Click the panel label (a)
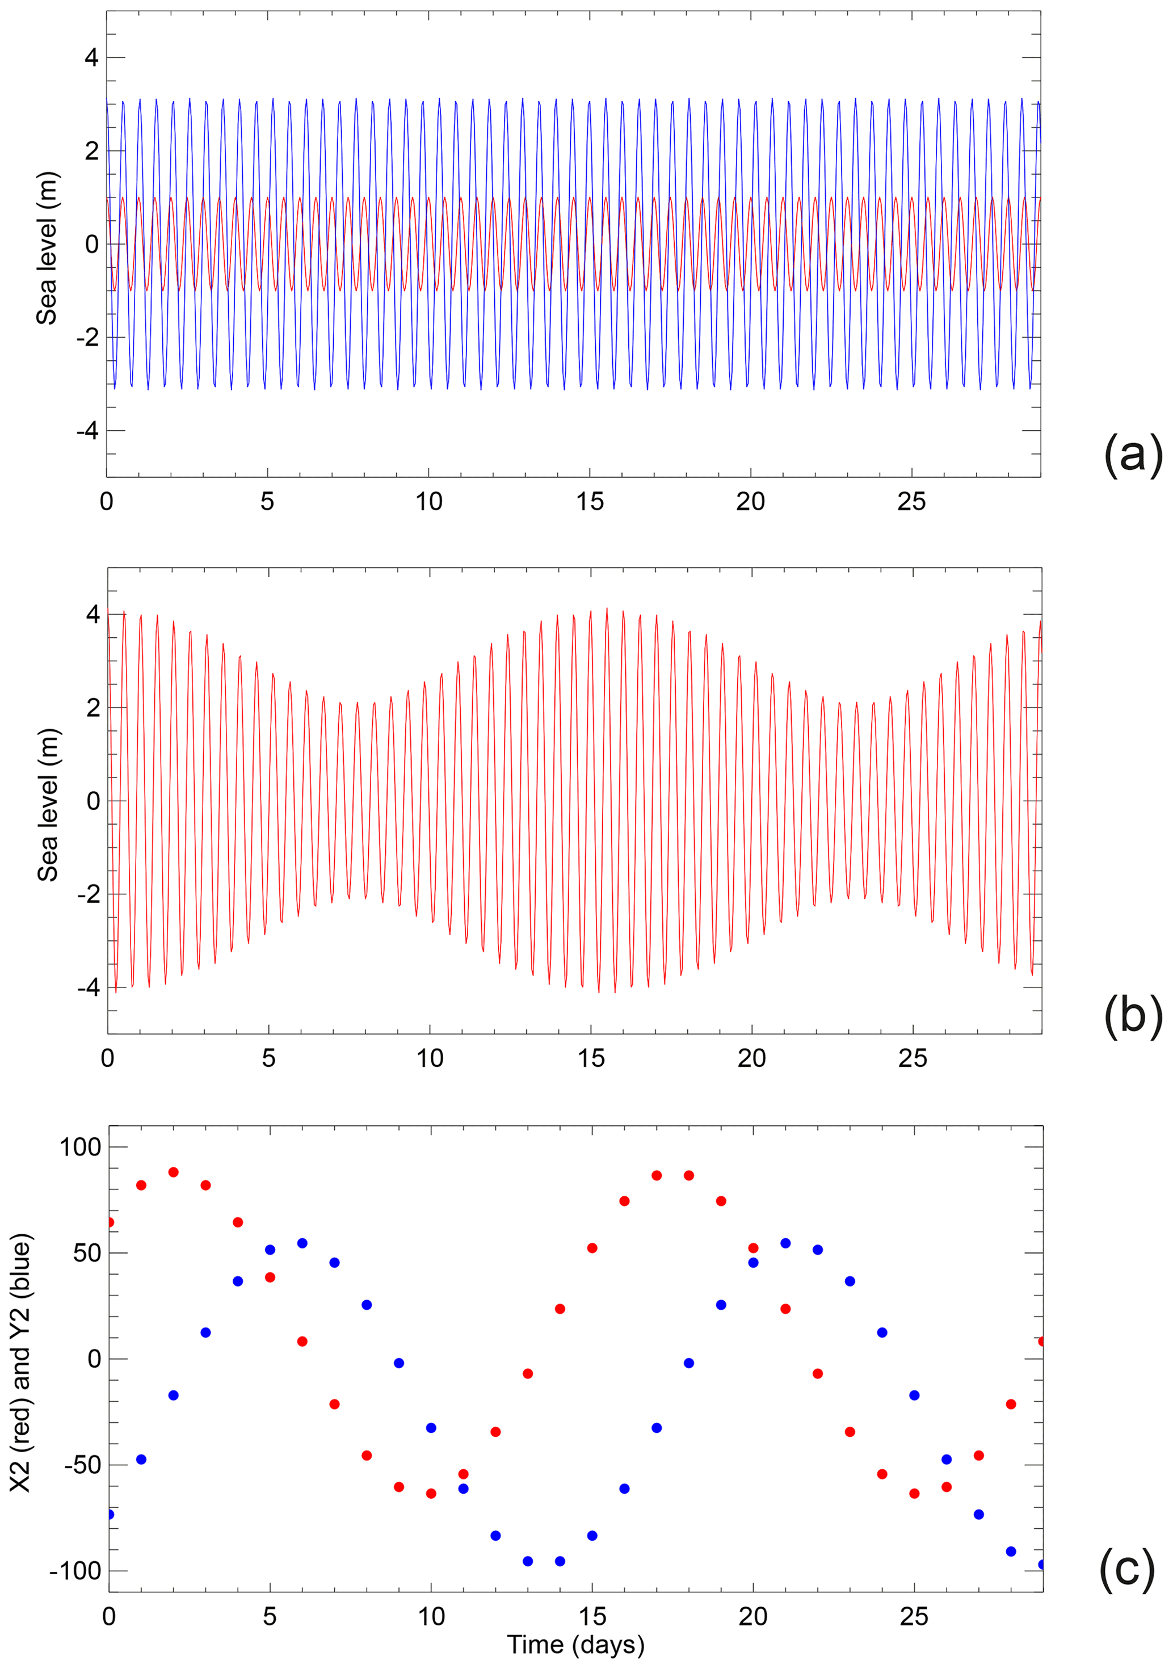tap(1132, 456)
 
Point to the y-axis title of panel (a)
tap(47, 248)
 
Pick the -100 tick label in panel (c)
tap(75, 1571)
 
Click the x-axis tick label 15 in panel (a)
tap(590, 502)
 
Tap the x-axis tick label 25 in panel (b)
tap(913, 1059)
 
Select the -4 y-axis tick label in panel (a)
tap(87, 431)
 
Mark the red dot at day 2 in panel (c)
tap(173, 1172)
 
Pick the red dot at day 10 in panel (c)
tap(431, 1494)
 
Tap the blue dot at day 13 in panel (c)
tap(528, 1561)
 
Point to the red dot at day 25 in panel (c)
tap(914, 1494)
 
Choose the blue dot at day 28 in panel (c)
tap(1011, 1551)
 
